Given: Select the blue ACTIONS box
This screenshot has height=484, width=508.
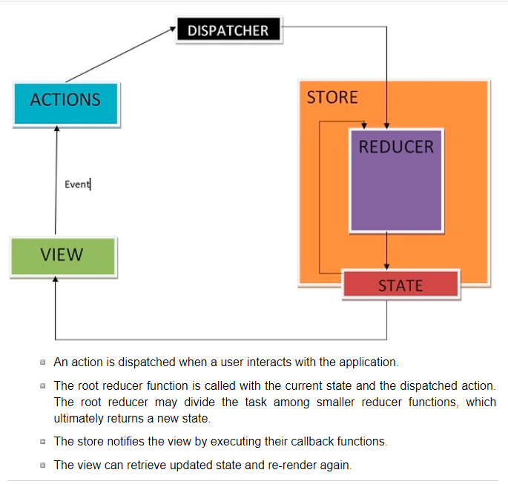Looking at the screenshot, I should pyautogui.click(x=65, y=100).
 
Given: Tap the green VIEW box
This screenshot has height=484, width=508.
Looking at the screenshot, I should pyautogui.click(x=62, y=256).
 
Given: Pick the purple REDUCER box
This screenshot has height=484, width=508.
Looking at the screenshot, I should pyautogui.click(x=396, y=180).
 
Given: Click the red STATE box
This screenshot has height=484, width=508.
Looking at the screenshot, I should pyautogui.click(x=400, y=285).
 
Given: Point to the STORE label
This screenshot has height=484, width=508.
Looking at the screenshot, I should pyautogui.click(x=332, y=97).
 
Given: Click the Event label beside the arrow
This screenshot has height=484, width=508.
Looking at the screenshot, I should pyautogui.click(x=76, y=184).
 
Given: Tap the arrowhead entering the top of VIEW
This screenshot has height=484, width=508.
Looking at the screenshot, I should pyautogui.click(x=56, y=280).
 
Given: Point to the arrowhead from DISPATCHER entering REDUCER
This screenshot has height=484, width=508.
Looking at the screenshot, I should pyautogui.click(x=386, y=124).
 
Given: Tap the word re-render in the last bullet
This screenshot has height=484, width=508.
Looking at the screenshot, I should pyautogui.click(x=284, y=465).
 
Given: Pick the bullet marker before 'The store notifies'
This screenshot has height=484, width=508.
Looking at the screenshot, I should pyautogui.click(x=43, y=442).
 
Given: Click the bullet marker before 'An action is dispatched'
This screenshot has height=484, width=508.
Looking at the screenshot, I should pyautogui.click(x=43, y=363).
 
